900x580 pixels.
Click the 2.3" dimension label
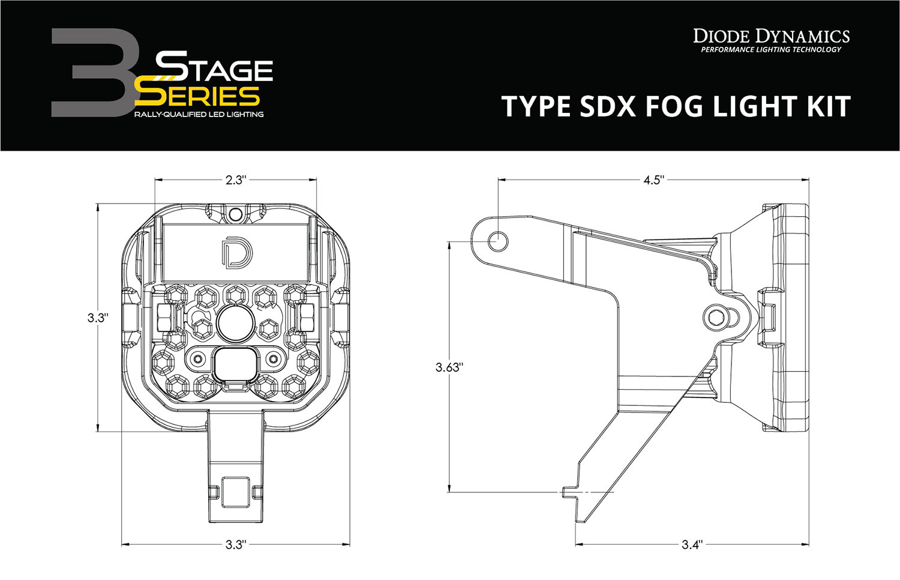pos(236,180)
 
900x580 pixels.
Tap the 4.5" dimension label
pos(653,180)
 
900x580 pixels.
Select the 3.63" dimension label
pos(449,367)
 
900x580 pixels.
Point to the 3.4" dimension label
pos(692,545)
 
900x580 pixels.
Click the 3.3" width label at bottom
pos(236,545)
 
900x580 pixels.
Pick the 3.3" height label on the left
pos(97,318)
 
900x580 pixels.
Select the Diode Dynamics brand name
pos(772,36)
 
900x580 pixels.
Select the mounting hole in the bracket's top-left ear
pos(498,241)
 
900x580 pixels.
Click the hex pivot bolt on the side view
pos(715,318)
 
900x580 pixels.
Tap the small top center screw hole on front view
pos(236,214)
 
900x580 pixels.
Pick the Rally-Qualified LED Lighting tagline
pos(199,114)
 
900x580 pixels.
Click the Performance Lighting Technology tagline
pos(772,50)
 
